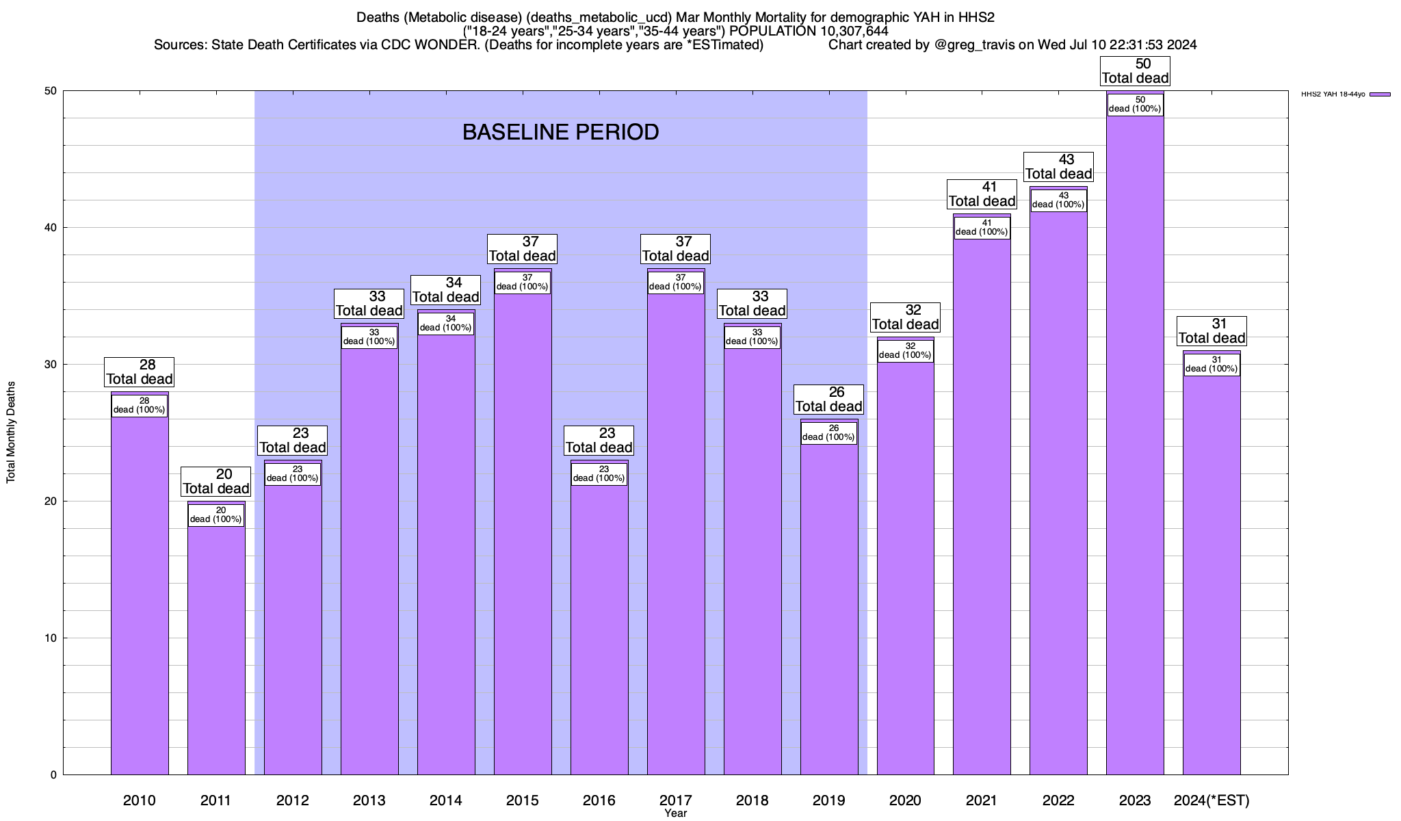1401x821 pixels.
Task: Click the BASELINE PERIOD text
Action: point(560,132)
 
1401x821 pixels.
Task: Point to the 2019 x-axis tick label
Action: point(828,800)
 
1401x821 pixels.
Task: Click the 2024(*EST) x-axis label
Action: point(1212,800)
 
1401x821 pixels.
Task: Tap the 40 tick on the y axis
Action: point(52,228)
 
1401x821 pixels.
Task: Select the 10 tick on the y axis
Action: point(52,638)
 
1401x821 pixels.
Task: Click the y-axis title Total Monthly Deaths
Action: point(11,432)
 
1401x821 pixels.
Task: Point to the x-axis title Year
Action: point(675,813)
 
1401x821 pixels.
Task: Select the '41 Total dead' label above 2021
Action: point(982,194)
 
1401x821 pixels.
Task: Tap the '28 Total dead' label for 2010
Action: point(140,372)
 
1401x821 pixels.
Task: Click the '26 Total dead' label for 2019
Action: point(828,400)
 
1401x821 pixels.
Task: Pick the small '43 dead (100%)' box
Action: point(1058,200)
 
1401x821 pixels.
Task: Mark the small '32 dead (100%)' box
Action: point(905,351)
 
